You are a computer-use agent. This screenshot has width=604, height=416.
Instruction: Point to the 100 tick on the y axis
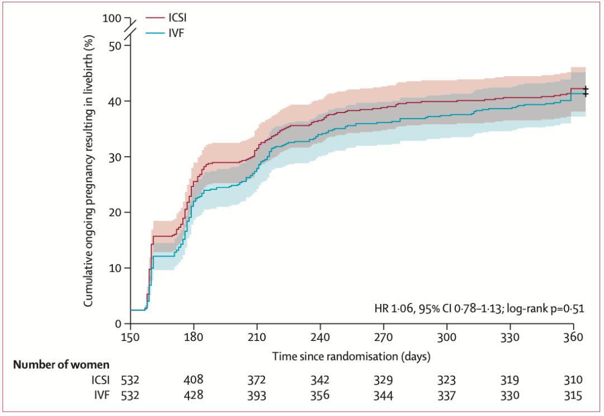[x=112, y=18]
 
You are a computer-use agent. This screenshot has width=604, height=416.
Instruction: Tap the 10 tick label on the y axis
[x=115, y=268]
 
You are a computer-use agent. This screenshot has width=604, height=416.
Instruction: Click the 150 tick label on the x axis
[x=130, y=338]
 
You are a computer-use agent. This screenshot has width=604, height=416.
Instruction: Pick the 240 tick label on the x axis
[x=320, y=338]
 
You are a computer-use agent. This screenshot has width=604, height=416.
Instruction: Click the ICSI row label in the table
[x=102, y=381]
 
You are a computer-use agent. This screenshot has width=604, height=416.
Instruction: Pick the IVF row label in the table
[x=103, y=395]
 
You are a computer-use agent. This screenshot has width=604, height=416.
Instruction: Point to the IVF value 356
[x=320, y=395]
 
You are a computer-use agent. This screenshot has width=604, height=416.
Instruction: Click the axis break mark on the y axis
[x=130, y=31]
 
